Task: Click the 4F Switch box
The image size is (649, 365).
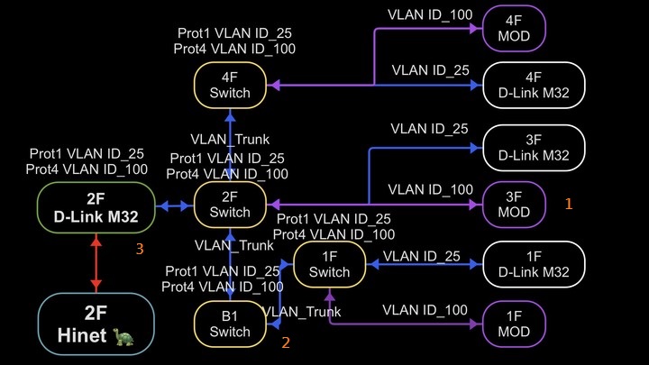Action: (x=229, y=85)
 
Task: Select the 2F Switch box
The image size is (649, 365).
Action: (x=229, y=205)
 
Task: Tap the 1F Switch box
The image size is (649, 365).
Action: (x=329, y=264)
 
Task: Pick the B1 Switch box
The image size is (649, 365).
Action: (x=229, y=324)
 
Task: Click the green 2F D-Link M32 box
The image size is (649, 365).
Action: (x=96, y=206)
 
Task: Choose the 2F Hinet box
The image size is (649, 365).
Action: (x=96, y=325)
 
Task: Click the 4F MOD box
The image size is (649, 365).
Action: (x=515, y=31)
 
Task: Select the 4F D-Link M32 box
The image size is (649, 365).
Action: (x=534, y=86)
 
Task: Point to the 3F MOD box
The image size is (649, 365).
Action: (x=515, y=205)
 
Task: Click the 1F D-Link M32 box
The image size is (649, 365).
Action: (x=534, y=264)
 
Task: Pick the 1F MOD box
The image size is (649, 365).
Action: (x=515, y=324)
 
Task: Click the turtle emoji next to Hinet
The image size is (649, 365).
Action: (x=123, y=336)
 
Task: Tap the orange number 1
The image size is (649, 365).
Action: (x=569, y=204)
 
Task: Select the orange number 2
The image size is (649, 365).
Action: (x=286, y=342)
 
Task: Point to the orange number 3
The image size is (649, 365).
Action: (x=139, y=250)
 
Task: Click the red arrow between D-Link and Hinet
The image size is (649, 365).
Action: (x=96, y=265)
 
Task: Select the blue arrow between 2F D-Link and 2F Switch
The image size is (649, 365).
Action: (x=175, y=206)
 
